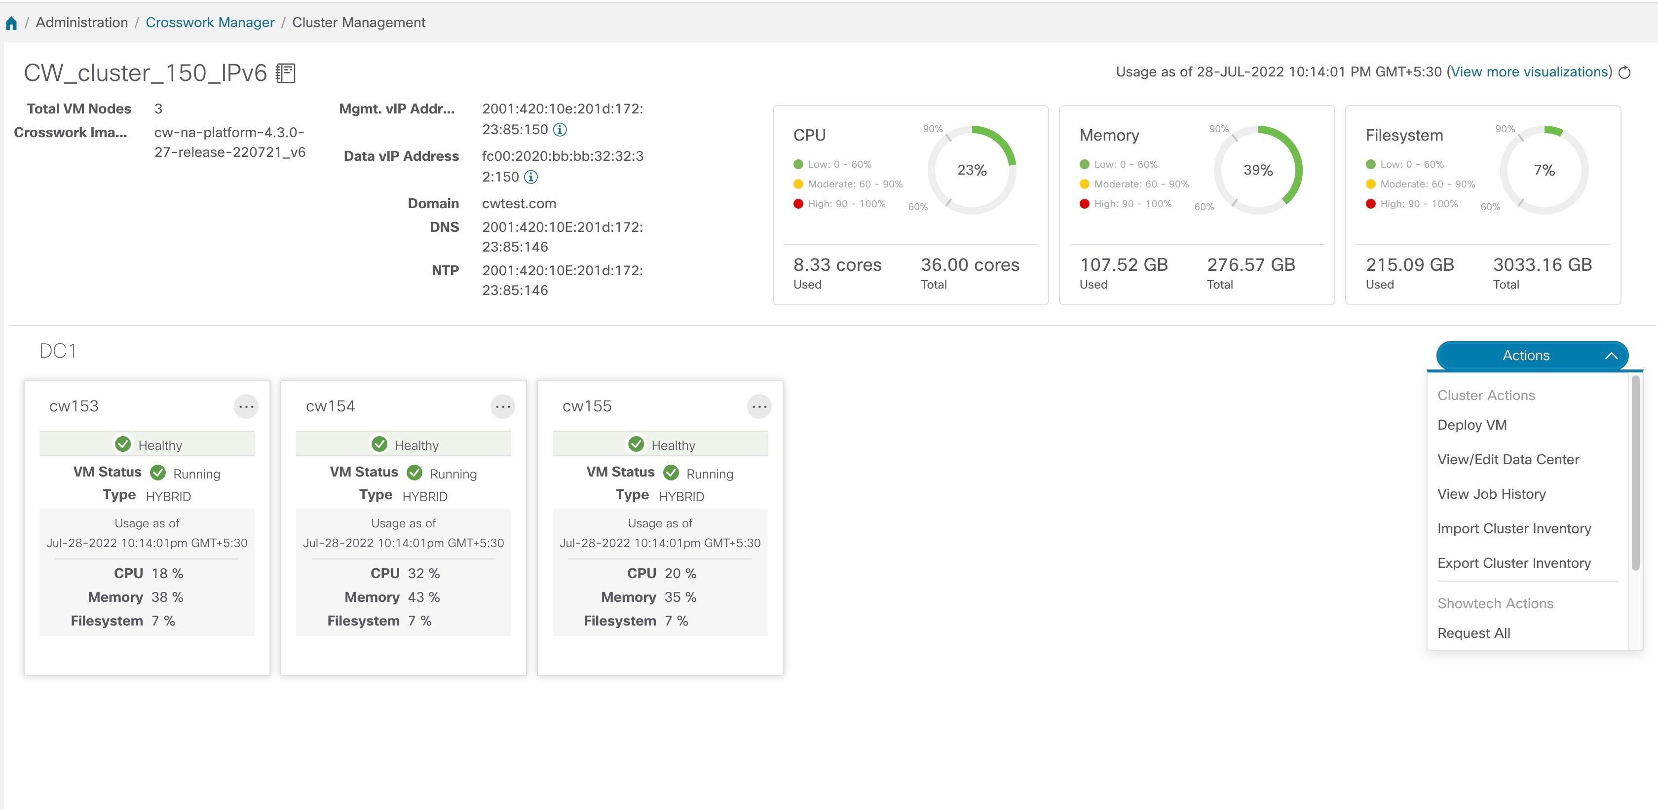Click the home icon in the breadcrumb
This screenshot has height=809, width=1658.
click(11, 24)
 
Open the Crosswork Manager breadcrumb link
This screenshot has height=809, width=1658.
click(210, 23)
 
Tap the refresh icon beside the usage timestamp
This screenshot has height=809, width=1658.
click(1624, 72)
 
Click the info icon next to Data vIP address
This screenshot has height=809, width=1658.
click(530, 177)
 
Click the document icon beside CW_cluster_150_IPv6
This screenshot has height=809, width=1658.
click(285, 73)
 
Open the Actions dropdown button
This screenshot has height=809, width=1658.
click(1532, 356)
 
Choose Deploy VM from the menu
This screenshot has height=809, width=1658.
click(1471, 425)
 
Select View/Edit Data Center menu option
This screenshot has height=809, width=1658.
click(1508, 460)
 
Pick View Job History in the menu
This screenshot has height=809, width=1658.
click(1491, 494)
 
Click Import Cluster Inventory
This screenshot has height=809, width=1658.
click(1514, 528)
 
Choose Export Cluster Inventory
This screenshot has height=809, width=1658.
click(1514, 563)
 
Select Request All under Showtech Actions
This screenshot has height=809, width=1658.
click(1473, 633)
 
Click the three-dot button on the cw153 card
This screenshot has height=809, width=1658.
click(246, 407)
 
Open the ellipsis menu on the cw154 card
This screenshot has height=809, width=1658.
click(503, 407)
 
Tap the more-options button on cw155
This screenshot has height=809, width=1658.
click(759, 407)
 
